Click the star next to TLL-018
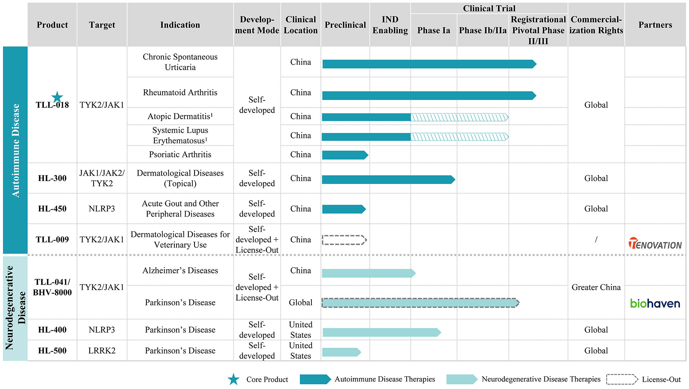(57, 97)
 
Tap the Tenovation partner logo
(655, 243)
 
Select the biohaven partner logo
(655, 303)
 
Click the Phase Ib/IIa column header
(483, 30)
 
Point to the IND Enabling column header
(390, 25)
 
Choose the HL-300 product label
(52, 178)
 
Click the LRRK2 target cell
(102, 351)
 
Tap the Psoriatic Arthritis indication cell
(180, 155)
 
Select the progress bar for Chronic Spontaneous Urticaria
(430, 64)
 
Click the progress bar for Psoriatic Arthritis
(345, 155)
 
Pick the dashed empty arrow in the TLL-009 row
(344, 240)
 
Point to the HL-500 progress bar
(342, 352)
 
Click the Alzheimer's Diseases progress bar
(369, 273)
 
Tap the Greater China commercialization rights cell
(596, 287)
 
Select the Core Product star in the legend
(234, 379)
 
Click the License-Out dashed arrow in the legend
(622, 379)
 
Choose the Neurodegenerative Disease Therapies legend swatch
(462, 379)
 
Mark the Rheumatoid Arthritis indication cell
(180, 92)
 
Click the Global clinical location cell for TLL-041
(301, 303)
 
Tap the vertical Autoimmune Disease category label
(15, 151)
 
